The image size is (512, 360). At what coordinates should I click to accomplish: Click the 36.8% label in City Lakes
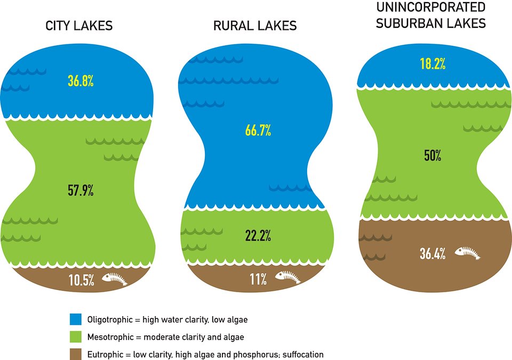point(80,82)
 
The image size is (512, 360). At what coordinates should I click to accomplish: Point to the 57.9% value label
point(81,190)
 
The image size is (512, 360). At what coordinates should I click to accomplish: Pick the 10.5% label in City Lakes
point(81,279)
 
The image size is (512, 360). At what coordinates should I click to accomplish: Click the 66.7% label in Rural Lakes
point(258,130)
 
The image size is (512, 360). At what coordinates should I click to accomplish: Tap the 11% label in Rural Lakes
point(257,279)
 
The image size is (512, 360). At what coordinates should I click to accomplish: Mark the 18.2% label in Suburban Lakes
point(432,65)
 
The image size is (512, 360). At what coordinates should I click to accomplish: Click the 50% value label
point(433,156)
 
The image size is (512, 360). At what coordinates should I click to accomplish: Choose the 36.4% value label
point(433,254)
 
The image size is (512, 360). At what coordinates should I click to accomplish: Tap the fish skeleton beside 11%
point(288,278)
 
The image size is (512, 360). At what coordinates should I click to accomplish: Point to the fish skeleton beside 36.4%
point(467,253)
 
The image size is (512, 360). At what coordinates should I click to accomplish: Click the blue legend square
point(76,319)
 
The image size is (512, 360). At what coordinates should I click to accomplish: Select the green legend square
point(76,337)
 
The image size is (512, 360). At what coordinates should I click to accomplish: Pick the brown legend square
point(76,354)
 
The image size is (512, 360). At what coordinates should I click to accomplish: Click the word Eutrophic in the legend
point(105,354)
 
